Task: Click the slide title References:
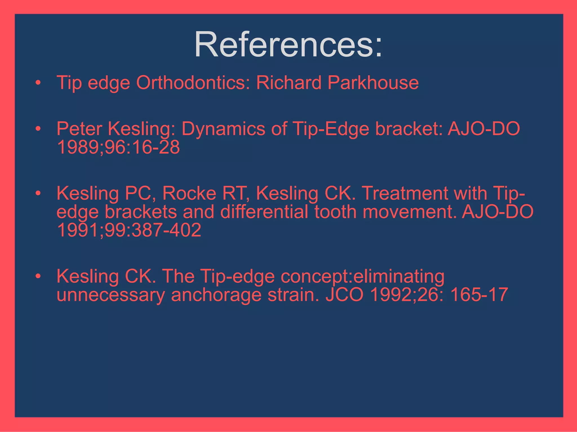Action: point(288,44)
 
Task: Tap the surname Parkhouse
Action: point(373,83)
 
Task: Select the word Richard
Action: point(288,83)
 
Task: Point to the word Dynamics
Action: point(223,129)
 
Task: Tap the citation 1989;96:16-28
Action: point(118,147)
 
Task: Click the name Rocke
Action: point(189,193)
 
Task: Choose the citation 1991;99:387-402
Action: point(129,230)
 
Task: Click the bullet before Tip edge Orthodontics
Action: point(38,83)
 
